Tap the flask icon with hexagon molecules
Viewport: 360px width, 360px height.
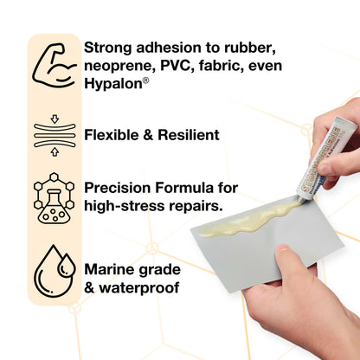tap(55, 198)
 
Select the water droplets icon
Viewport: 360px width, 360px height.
tap(55, 271)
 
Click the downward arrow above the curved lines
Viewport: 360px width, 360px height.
tap(55, 119)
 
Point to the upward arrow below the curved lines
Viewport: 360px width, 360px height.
tap(55, 151)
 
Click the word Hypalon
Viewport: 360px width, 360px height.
tap(113, 84)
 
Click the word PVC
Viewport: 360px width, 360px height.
tap(176, 66)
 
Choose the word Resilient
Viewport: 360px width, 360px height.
tap(189, 135)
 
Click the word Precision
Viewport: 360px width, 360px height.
tap(118, 188)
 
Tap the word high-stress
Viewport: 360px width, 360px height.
tap(125, 206)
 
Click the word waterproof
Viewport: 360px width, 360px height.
tap(139, 288)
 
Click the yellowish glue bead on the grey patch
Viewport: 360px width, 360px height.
tap(251, 219)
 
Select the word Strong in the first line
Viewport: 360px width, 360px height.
tap(108, 48)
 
